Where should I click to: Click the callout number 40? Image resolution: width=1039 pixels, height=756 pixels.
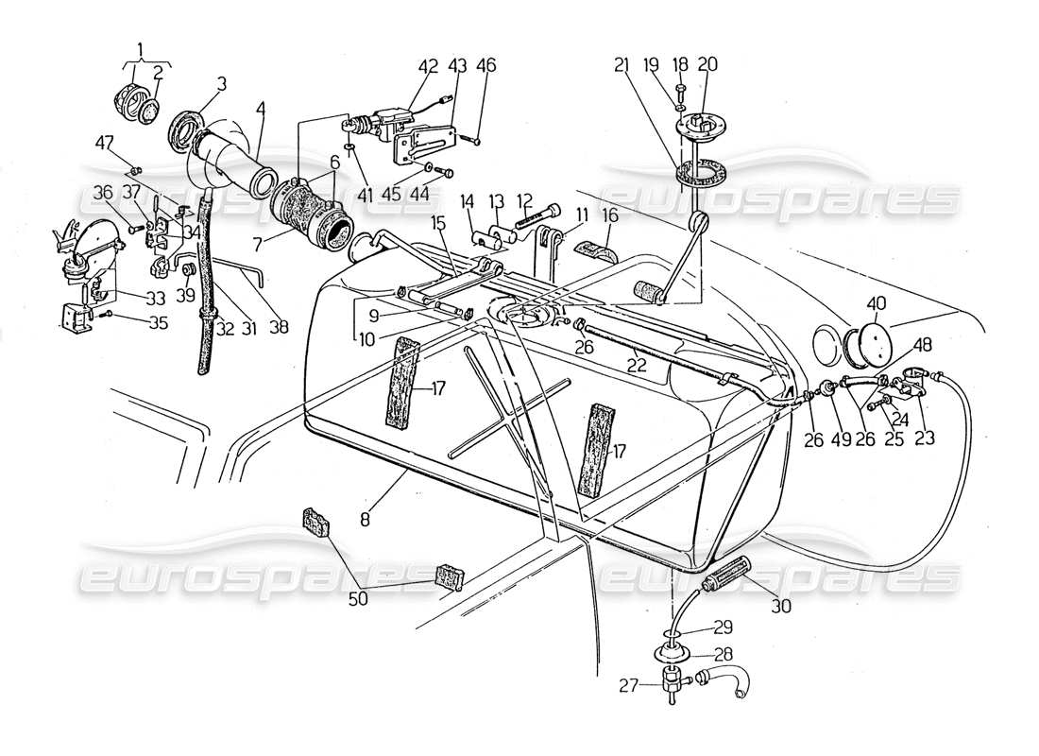point(876,303)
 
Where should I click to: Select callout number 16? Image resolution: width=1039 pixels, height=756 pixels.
point(610,216)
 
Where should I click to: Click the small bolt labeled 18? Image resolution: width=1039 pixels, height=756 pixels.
point(681,93)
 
